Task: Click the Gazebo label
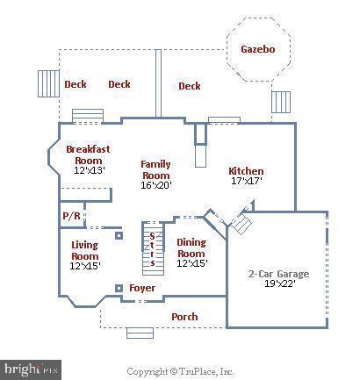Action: pos(258,49)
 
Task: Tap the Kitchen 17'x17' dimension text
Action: pos(247,181)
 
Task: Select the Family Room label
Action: pos(155,169)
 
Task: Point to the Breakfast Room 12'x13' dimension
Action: pos(89,170)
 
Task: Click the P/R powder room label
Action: pos(71,216)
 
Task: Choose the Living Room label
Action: pos(85,250)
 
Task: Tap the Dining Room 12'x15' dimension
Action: pos(192,263)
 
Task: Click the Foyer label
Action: pos(142,288)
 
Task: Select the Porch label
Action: pos(184,317)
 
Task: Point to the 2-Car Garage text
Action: pos(278,274)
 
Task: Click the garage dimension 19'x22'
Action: pos(280,283)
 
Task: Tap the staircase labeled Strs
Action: pos(153,249)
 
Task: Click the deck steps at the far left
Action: pos(49,83)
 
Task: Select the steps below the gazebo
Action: pos(281,102)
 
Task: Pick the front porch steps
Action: pos(140,333)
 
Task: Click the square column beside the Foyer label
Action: pos(119,289)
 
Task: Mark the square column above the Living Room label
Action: pos(119,235)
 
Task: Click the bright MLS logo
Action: pos(31,369)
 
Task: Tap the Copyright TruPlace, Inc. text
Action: pos(180,371)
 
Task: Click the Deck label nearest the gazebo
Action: pos(190,86)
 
